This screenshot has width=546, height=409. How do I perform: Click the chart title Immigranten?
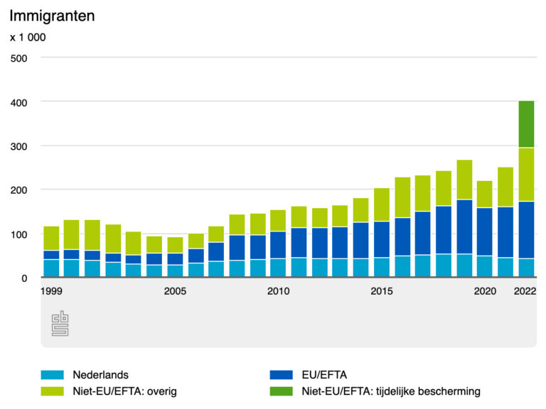pyautogui.click(x=52, y=16)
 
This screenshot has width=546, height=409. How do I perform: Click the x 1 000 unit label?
pyautogui.click(x=28, y=37)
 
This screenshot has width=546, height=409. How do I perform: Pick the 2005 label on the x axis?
pyautogui.click(x=175, y=291)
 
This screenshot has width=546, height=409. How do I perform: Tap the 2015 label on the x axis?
pyautogui.click(x=382, y=291)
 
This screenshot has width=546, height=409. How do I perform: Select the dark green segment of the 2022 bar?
pyautogui.click(x=526, y=124)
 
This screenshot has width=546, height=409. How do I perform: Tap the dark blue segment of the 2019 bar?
pyautogui.click(x=464, y=227)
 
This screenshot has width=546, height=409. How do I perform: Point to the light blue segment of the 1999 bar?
pyautogui.click(x=51, y=268)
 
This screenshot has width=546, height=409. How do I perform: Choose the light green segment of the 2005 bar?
pyautogui.click(x=175, y=245)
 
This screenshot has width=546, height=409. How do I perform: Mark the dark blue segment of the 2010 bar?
pyautogui.click(x=278, y=245)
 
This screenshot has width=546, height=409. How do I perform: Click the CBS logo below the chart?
pyautogui.click(x=60, y=324)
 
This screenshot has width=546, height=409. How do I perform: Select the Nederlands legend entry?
pyautogui.click(x=100, y=374)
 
